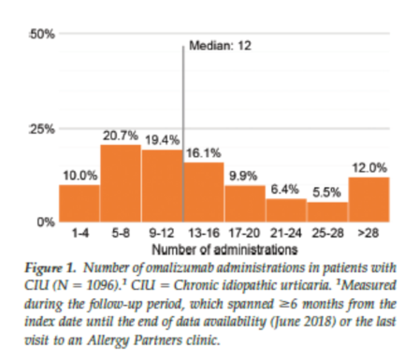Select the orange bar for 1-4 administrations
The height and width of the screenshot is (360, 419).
[x=79, y=204]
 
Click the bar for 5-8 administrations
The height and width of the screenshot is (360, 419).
[x=121, y=183]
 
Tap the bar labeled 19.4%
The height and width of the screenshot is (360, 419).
[x=162, y=186]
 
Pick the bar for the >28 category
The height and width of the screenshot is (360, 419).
[x=369, y=199]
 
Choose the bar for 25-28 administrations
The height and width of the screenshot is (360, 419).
[x=327, y=212]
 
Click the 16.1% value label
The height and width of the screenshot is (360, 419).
[x=204, y=153]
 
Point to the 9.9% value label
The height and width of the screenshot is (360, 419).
[x=243, y=176]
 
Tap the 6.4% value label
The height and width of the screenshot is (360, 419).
[x=284, y=189]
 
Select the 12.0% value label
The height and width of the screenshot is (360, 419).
[x=369, y=168]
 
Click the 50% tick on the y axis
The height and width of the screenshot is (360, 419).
[x=42, y=34]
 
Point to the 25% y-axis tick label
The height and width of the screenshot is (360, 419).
[x=42, y=129]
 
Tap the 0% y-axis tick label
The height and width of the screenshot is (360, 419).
[x=46, y=223]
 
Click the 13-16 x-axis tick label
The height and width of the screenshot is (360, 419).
[x=204, y=233]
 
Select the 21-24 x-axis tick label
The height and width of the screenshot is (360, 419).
[x=286, y=233]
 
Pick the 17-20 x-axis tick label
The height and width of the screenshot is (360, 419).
[x=244, y=233]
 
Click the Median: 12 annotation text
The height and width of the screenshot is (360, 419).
[x=220, y=46]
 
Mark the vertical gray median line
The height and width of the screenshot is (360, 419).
[x=183, y=134]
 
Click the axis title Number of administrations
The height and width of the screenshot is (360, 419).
[x=224, y=250]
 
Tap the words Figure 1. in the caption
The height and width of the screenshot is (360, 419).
[x=51, y=268]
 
